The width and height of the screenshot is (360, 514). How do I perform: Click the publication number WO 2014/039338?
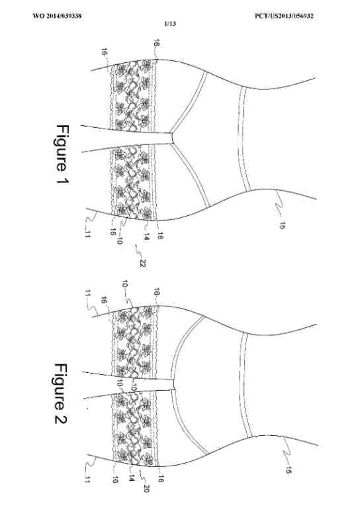(x=57, y=16)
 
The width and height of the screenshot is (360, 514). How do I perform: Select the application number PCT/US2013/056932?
(x=284, y=16)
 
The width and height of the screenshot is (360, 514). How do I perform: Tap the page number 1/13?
(x=170, y=24)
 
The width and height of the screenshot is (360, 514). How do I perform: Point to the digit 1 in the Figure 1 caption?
(x=62, y=180)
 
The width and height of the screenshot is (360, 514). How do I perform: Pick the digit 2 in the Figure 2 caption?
(x=60, y=419)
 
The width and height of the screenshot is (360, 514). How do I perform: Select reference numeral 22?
(x=142, y=263)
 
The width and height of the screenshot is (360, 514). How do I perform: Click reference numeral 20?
(x=146, y=488)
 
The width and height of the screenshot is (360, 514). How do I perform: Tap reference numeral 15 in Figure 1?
(x=282, y=225)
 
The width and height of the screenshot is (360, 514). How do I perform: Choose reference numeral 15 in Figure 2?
(x=289, y=470)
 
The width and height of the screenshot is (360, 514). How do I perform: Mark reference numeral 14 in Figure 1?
(x=146, y=236)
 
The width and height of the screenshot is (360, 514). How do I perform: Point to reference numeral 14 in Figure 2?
(x=131, y=478)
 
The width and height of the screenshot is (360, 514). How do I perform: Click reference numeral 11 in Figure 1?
(x=87, y=234)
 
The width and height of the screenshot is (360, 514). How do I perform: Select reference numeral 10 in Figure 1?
(x=119, y=240)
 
